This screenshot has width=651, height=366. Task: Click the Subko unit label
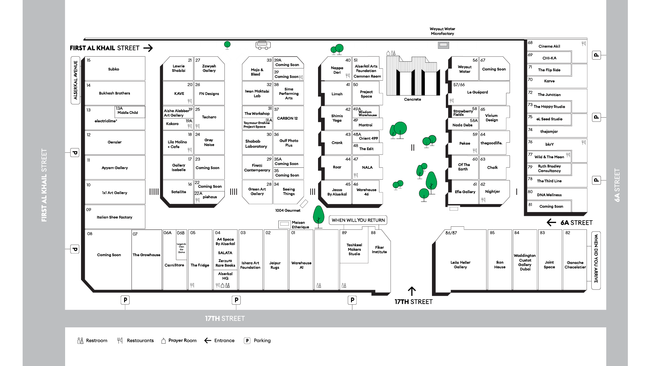pyautogui.click(x=114, y=69)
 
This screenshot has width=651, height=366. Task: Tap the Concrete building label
pyautogui.click(x=412, y=99)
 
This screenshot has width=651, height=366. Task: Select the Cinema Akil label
pyautogui.click(x=549, y=46)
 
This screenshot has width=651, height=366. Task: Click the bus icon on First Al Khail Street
pyautogui.click(x=263, y=45)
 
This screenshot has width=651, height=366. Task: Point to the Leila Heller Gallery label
pyautogui.click(x=460, y=265)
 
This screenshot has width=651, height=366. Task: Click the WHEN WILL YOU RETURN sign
pyautogui.click(x=358, y=220)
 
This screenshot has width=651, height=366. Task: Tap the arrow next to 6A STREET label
pyautogui.click(x=551, y=223)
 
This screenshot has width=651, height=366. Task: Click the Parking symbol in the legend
pyautogui.click(x=247, y=341)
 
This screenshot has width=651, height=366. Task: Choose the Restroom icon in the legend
pyautogui.click(x=80, y=341)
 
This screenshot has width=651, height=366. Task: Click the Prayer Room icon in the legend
pyautogui.click(x=163, y=341)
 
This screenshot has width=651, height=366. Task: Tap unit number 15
pyautogui.click(x=88, y=60)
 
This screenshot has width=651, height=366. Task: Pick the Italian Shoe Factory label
pyautogui.click(x=114, y=217)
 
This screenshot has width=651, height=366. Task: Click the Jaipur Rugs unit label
pyautogui.click(x=275, y=265)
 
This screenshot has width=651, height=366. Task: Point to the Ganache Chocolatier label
pyautogui.click(x=575, y=265)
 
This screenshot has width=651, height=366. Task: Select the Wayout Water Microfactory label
pyautogui.click(x=442, y=31)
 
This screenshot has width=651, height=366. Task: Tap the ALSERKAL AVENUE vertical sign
pyautogui.click(x=75, y=80)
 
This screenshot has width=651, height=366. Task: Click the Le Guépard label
pyautogui.click(x=477, y=92)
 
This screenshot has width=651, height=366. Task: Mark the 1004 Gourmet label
pyautogui.click(x=288, y=210)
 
